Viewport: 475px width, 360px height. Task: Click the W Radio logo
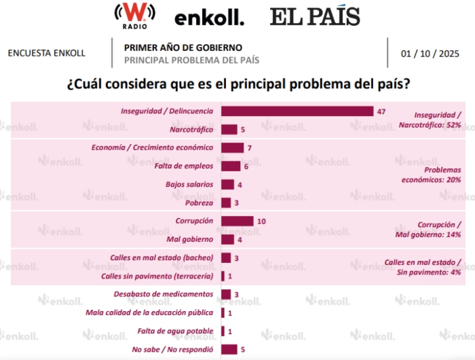tap(134, 15)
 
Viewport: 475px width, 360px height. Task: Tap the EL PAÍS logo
tap(314, 16)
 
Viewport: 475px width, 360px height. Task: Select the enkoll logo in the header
tap(210, 18)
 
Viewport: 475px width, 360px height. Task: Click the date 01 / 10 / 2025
tap(430, 53)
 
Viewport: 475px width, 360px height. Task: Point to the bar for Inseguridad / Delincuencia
tap(297, 111)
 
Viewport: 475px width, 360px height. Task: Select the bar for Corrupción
tap(237, 221)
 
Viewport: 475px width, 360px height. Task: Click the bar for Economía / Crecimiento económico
tap(232, 147)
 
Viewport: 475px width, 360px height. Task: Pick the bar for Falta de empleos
tap(231, 166)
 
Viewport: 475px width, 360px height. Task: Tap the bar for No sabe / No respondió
tap(229, 349)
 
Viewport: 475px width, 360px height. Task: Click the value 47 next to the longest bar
tap(381, 111)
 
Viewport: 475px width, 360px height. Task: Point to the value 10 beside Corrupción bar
tap(261, 221)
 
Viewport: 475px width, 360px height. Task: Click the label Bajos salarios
tap(189, 184)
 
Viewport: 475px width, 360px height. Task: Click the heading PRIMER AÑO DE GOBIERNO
tap(183, 48)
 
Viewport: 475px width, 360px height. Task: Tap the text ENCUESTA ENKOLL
tap(46, 53)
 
